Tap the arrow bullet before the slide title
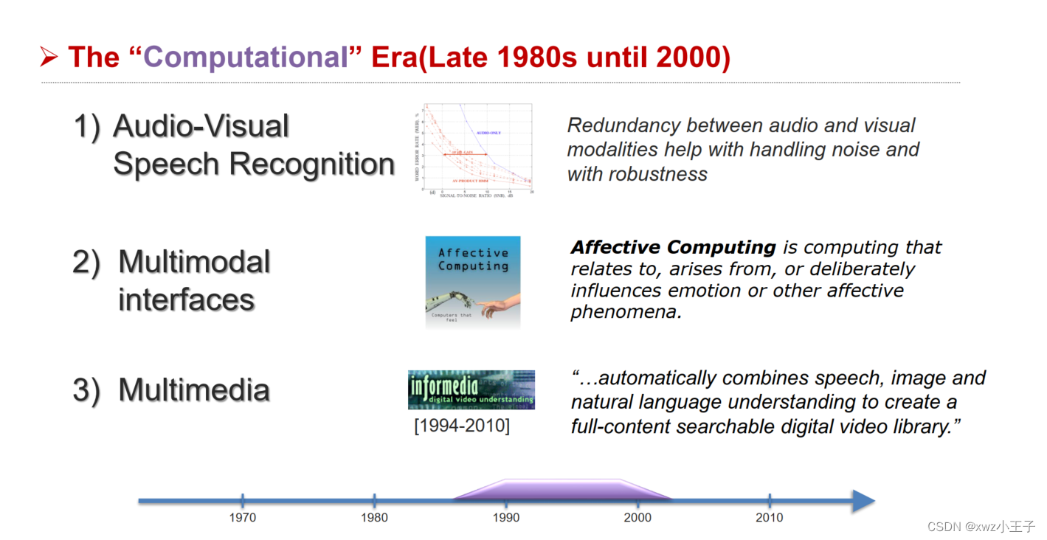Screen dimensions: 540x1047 [49, 57]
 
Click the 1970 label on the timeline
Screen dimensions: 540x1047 [242, 518]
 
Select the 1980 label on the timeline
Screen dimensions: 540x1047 [374, 518]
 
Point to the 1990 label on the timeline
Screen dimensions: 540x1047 [506, 518]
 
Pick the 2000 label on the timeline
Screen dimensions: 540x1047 [637, 518]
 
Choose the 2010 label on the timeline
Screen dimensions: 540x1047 [770, 518]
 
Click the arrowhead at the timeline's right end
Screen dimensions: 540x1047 [863, 501]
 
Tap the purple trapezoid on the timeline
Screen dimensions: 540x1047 [562, 490]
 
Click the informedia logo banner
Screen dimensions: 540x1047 [471, 390]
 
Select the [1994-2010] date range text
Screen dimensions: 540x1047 [462, 426]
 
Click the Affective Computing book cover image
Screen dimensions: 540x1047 [473, 282]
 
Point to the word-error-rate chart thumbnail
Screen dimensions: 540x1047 [474, 150]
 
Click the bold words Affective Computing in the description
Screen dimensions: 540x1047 [673, 247]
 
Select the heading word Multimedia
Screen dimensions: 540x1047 [194, 390]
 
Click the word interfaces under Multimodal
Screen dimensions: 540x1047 [187, 300]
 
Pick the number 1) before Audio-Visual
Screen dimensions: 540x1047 [86, 126]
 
